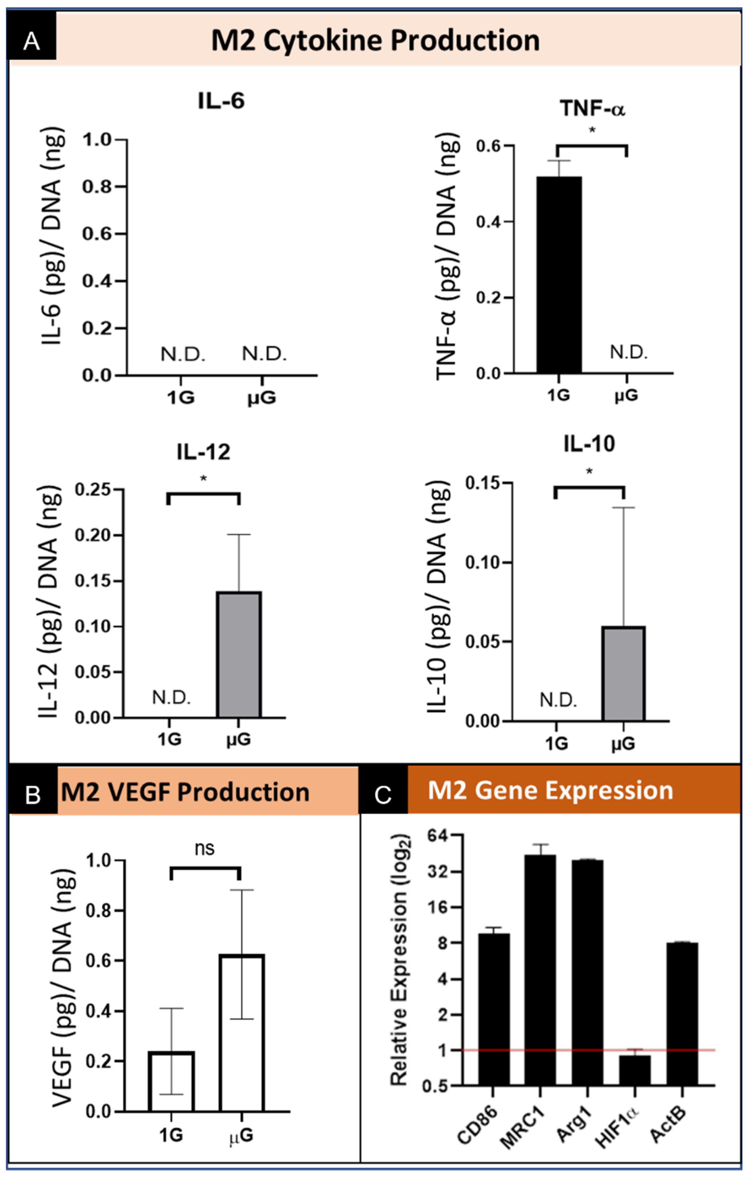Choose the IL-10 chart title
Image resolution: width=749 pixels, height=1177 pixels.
(589, 444)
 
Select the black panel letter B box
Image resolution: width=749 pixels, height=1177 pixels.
(33, 794)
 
